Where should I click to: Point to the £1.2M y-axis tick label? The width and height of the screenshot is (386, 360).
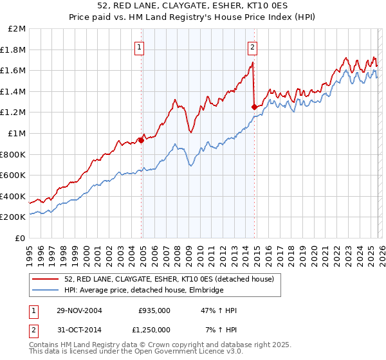[x=14, y=113]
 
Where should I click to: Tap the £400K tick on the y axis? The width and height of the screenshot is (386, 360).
[x=14, y=196]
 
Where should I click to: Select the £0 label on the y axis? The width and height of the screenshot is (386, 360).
[x=21, y=238]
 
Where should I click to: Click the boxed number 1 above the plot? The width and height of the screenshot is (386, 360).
[x=140, y=46]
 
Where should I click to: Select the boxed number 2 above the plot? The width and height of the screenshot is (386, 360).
[x=252, y=46]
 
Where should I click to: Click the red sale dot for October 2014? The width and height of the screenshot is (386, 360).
[x=254, y=107]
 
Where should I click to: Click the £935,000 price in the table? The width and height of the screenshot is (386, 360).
[x=154, y=310]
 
